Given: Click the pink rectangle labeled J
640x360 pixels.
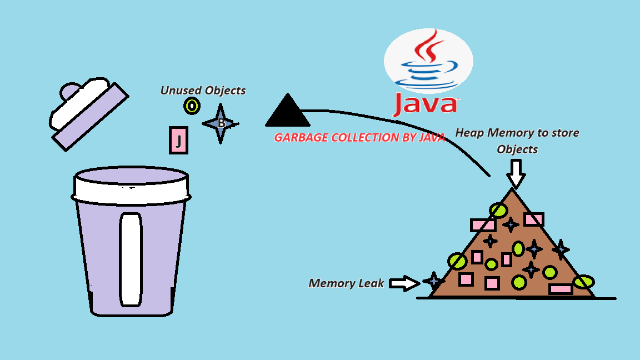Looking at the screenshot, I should point(178,140).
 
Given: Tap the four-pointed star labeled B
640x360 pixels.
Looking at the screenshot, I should point(221,123).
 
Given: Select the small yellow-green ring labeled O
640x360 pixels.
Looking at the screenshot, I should point(192,106).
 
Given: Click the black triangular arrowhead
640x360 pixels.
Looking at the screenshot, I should point(287,112).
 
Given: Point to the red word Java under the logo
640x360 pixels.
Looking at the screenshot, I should point(426,104).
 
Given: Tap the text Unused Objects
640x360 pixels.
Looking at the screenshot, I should point(203,90).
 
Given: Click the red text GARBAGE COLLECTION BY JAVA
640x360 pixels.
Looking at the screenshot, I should point(359,138).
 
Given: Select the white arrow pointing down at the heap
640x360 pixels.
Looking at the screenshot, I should point(516,173).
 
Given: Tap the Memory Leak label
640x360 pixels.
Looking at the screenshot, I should point(346,283).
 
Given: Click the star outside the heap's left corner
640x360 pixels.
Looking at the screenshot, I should point(433,281).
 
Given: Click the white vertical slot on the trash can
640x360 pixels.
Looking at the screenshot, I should point(131,259).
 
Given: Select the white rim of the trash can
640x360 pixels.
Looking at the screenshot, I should point(131,187).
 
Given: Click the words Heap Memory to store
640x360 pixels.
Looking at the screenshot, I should point(517,133).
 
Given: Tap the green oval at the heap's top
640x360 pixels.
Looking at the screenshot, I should point(498,210).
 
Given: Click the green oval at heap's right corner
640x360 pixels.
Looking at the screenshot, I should point(583,282).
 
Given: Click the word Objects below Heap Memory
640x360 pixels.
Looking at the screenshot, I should point(517,149).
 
